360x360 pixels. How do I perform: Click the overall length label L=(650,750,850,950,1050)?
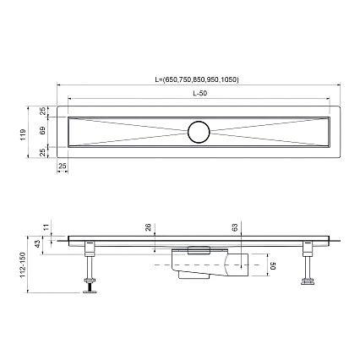197,79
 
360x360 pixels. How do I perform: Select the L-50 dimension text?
199,94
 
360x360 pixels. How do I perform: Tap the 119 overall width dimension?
23,134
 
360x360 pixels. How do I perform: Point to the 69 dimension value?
42,131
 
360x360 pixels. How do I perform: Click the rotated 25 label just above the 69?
42,111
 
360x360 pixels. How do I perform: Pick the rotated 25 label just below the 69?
42,153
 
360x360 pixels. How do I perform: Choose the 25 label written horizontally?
63,166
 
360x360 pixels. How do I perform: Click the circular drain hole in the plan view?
199,132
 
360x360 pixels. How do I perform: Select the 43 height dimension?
37,245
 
